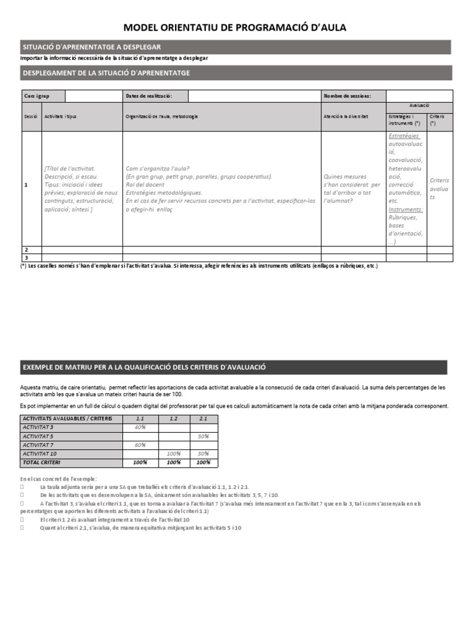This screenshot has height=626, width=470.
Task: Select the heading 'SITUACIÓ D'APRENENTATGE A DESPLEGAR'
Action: tap(92, 47)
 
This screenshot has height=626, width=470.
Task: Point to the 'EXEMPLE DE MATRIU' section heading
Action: tap(144, 367)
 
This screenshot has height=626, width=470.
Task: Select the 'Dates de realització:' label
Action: tap(148, 96)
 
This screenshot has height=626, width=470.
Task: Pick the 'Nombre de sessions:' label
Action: tap(347, 96)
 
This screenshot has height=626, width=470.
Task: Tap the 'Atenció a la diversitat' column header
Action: tap(346, 116)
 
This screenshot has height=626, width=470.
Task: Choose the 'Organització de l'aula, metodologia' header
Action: tap(162, 116)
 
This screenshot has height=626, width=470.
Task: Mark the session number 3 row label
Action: tap(26, 257)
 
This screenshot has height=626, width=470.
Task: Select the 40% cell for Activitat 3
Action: tap(140, 427)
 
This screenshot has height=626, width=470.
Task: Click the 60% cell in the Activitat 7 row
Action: tap(140, 445)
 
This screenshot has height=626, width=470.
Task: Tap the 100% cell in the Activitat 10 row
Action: tap(173, 454)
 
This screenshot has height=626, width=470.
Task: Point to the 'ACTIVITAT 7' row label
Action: tap(38, 445)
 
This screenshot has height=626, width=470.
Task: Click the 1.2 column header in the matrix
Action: tap(173, 418)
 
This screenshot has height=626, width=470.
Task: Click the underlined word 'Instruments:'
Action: tap(405, 209)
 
